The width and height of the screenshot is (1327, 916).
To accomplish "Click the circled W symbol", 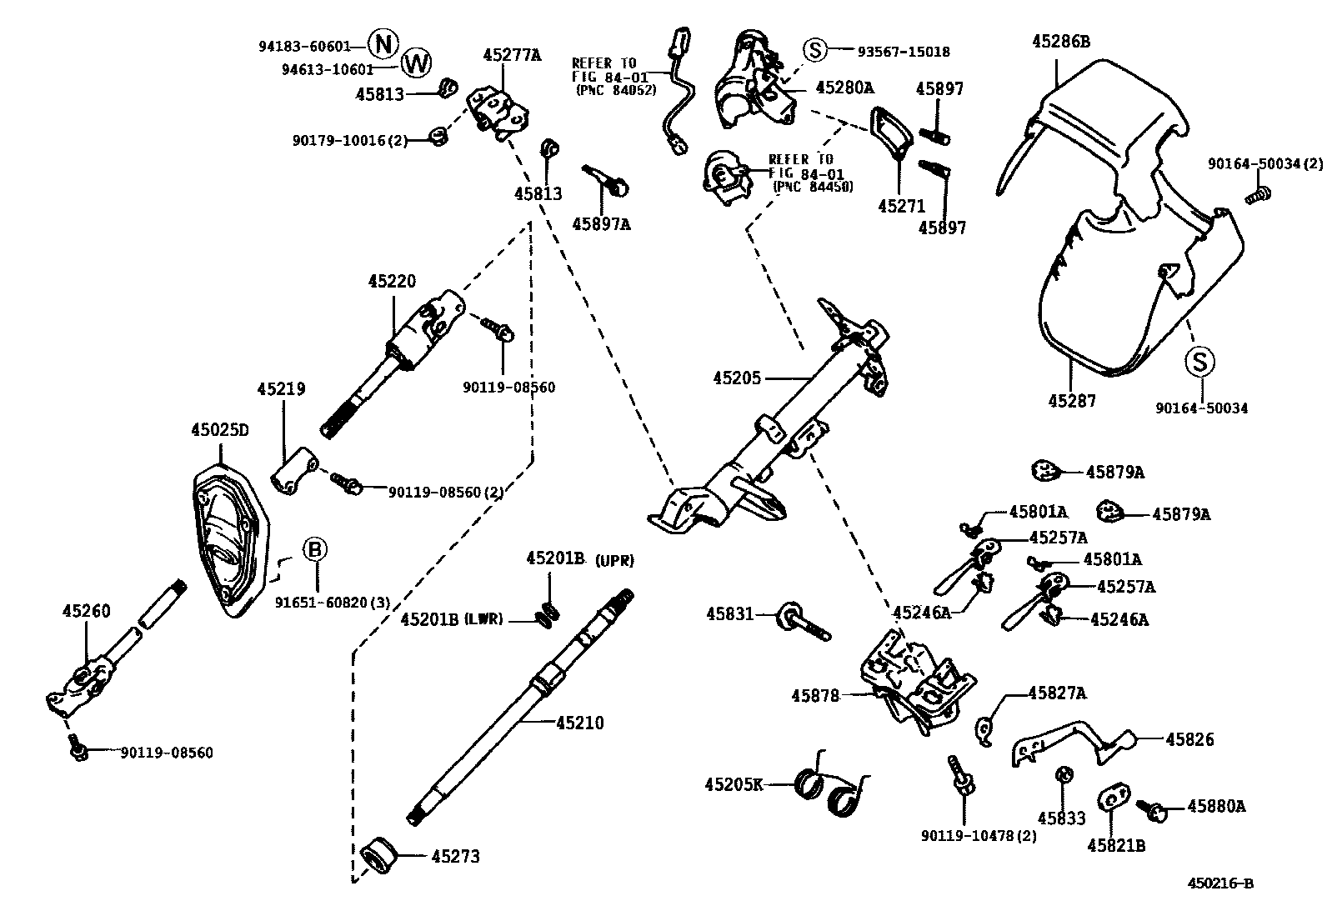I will point(417,61).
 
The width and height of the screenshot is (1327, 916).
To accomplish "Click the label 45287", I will point(1071,401).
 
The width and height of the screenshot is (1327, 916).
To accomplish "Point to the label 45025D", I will point(220,430).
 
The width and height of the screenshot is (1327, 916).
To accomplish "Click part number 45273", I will point(455,856).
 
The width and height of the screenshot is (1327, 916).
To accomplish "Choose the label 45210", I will point(579,723).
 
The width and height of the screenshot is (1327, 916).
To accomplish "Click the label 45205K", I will point(734,784).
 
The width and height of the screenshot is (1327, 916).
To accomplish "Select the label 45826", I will point(1189,739).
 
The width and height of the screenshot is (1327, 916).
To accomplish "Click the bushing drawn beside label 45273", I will point(380,856).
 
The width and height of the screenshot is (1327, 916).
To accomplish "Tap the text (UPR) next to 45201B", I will point(615,561).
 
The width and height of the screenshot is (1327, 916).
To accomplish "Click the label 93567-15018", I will point(904,52).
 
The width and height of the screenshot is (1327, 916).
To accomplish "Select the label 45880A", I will point(1216,806).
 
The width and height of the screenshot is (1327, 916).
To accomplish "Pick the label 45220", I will point(392,282).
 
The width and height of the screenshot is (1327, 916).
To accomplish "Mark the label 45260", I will point(86,611).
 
